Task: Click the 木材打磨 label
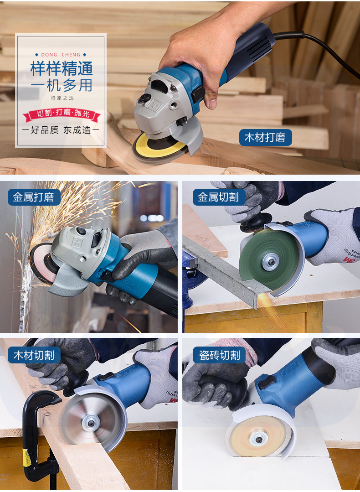265,137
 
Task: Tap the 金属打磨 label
33,197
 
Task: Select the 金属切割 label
219,197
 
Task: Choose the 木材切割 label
34,355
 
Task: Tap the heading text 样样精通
62,68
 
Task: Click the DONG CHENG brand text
61,55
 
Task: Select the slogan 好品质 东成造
61,130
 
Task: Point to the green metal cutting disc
269,259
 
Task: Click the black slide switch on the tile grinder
267,382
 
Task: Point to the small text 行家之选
62,98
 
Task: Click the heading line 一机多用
62,85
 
